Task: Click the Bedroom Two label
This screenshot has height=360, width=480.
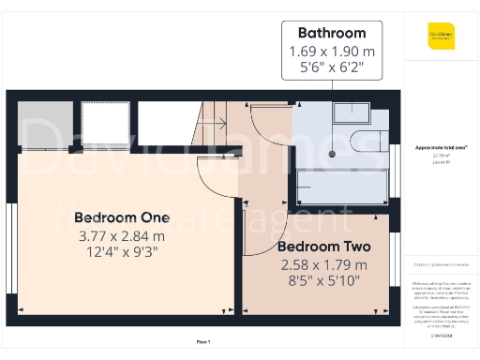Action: (x=323, y=247)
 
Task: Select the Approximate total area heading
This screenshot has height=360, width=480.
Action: (x=441, y=148)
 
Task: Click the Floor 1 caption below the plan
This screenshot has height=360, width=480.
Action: (x=202, y=341)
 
